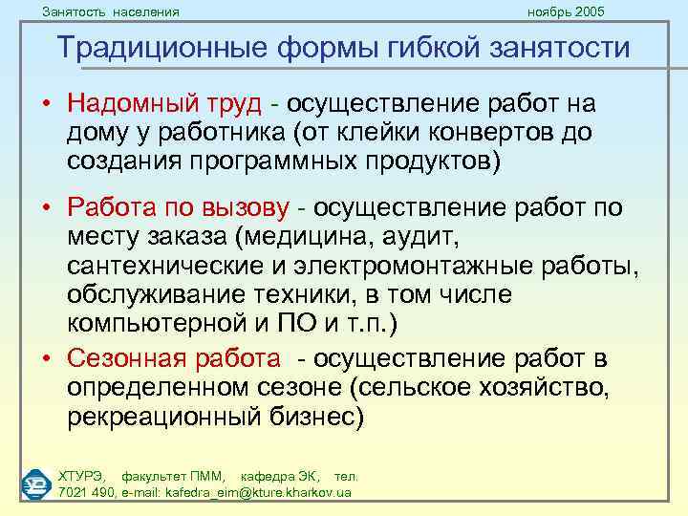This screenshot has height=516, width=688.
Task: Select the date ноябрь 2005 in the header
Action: coord(567,11)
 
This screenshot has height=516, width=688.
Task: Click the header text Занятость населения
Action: coord(111,11)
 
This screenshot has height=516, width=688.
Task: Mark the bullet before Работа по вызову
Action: coord(46,208)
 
